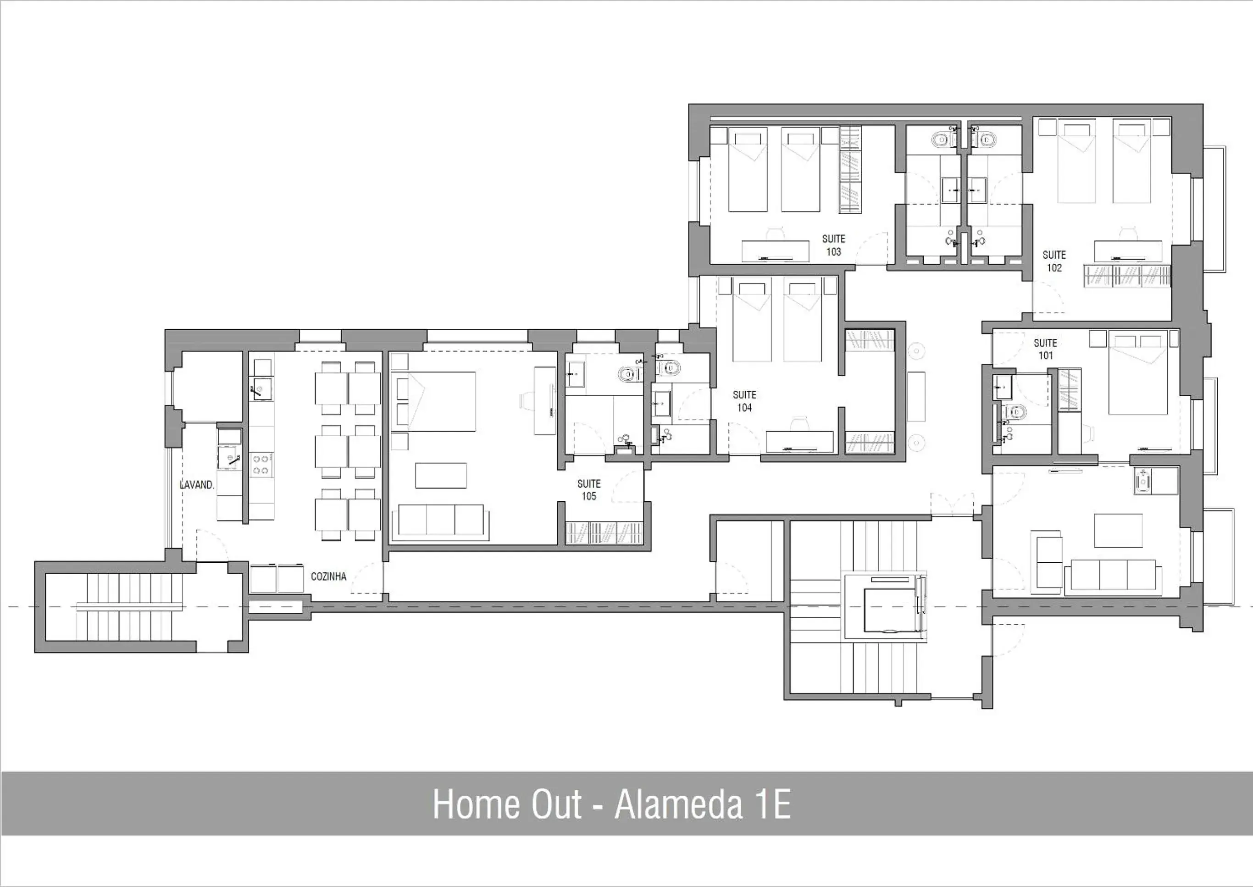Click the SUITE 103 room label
point(833,245)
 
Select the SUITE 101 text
point(1045,349)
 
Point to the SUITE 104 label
point(744,401)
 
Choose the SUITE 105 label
point(588,490)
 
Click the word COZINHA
point(328,576)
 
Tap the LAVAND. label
point(197,484)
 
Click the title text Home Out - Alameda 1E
point(611,804)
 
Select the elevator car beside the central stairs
point(890,610)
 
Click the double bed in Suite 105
point(435,401)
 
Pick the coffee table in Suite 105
point(441,475)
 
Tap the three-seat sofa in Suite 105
point(441,520)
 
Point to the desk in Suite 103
point(775,251)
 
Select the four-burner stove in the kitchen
point(261,465)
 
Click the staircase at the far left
point(129,606)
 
